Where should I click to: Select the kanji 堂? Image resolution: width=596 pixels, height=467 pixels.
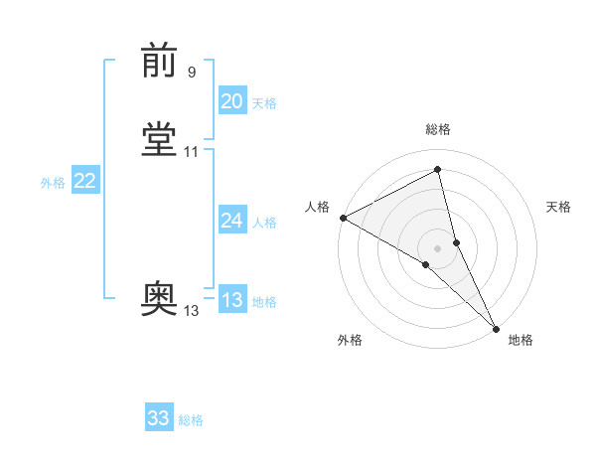tap(159, 140)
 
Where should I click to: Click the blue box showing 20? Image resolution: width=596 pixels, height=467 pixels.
tap(232, 101)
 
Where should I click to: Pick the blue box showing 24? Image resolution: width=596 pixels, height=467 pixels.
tap(232, 221)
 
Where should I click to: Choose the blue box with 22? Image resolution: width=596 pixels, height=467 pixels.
tap(85, 181)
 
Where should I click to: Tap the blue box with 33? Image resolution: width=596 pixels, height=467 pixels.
tap(159, 418)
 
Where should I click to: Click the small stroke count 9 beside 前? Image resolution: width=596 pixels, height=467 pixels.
tap(191, 73)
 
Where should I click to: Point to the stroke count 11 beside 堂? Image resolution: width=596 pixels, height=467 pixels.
tap(192, 152)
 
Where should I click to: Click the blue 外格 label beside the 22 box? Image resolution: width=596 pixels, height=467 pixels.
tap(53, 183)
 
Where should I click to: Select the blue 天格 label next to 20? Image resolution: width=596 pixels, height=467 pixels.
tap(264, 103)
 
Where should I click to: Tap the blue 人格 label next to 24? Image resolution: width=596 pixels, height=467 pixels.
tap(264, 223)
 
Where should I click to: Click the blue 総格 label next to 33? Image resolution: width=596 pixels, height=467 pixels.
tap(191, 420)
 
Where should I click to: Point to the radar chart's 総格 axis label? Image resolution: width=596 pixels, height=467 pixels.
tap(438, 130)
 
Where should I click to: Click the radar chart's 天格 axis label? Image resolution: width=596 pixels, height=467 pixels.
tap(558, 207)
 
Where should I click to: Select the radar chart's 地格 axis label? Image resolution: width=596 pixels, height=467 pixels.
tap(521, 340)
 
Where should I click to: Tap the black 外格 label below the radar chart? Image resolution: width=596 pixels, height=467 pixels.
tap(350, 340)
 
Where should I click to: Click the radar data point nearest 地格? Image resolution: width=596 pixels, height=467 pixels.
tap(495, 327)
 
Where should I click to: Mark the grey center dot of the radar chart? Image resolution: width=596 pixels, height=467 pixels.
tap(438, 247)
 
